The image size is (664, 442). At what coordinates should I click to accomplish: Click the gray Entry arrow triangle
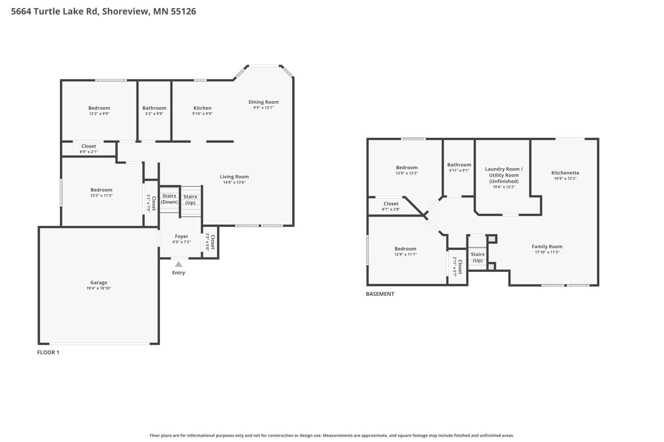tap(178, 264)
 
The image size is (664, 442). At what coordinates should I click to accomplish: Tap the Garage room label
tap(99, 283)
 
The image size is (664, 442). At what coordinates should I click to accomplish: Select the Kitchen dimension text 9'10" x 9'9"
tap(202, 114)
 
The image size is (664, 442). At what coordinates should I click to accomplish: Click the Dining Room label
tap(263, 102)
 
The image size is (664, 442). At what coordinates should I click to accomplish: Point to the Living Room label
tap(234, 177)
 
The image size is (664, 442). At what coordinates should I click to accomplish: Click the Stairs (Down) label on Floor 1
tap(169, 199)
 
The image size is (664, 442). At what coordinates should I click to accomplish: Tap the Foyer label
tap(181, 236)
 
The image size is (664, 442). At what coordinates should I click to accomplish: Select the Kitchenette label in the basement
tap(565, 173)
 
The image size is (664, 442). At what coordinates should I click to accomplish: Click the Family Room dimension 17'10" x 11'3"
tap(547, 252)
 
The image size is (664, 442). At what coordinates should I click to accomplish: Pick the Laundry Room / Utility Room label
tap(504, 175)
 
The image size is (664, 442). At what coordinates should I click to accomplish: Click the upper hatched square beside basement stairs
tap(492, 239)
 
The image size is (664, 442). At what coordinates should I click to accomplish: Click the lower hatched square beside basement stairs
tap(491, 267)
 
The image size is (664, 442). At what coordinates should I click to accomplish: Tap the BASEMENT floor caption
tap(380, 294)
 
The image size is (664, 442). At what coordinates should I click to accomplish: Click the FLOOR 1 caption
tap(48, 352)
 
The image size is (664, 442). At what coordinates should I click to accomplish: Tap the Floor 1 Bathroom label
tap(154, 108)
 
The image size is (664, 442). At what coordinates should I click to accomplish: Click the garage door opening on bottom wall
tap(99, 344)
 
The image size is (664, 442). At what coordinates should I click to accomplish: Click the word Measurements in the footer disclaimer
tap(336, 435)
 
